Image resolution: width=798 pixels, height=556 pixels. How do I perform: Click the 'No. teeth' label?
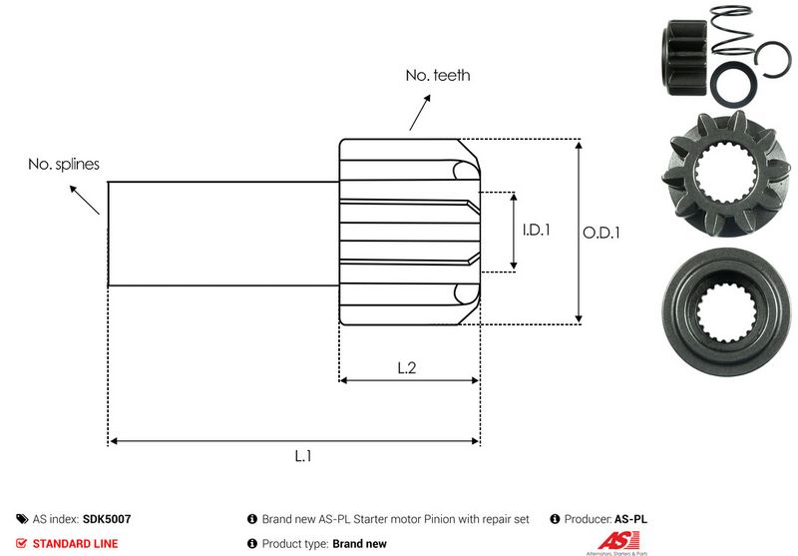437,75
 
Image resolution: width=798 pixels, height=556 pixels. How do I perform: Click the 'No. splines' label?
64,164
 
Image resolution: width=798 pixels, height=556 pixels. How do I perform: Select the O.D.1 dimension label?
601,233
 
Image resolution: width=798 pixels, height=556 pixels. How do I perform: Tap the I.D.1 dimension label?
537,231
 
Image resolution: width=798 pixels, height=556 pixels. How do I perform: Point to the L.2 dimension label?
407,367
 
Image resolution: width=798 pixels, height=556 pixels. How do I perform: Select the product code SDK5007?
108,519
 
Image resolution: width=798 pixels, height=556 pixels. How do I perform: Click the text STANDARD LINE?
75,544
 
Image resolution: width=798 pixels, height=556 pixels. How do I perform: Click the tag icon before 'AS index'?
22,519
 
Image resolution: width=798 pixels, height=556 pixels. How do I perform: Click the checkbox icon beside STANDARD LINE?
22,544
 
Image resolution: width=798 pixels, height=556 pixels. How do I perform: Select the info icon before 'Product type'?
252,544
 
